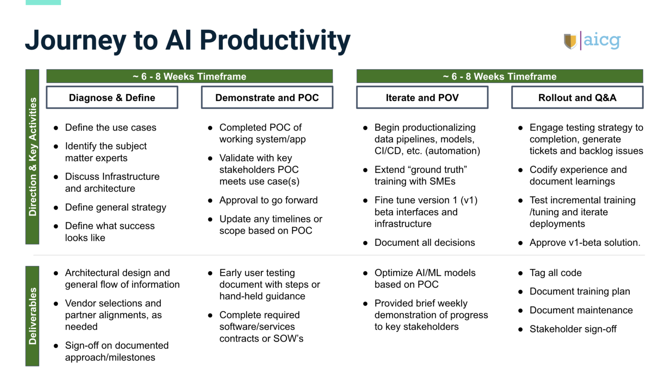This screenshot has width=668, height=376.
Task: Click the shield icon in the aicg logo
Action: coord(570,41)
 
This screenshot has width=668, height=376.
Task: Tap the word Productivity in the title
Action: coord(275,40)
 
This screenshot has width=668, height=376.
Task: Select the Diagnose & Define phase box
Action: coord(112,97)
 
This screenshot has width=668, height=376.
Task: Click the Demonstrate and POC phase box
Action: coord(267,97)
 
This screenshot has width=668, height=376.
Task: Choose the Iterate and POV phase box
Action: coord(422,97)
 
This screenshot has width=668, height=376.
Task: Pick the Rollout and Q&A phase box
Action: coord(578,97)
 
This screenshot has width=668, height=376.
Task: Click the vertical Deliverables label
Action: coord(32,316)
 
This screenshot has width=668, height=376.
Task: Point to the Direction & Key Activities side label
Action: coord(32,157)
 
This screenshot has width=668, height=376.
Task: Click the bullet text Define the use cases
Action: coord(110,128)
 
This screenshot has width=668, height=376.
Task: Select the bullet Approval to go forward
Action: coord(268,200)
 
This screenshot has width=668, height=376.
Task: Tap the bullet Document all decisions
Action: coord(424,242)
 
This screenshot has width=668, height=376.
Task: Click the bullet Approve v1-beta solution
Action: coord(585,242)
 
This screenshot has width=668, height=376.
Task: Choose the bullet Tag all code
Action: coord(555,273)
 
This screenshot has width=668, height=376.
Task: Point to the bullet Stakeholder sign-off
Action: coord(573,329)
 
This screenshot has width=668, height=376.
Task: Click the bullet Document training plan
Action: coord(580,292)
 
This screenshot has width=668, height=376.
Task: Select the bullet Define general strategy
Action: coord(116,208)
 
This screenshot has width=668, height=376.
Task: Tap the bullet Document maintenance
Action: coord(581,310)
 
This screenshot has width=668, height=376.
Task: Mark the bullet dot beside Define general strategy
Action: coord(56,208)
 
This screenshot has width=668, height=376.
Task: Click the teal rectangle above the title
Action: coord(43,2)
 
